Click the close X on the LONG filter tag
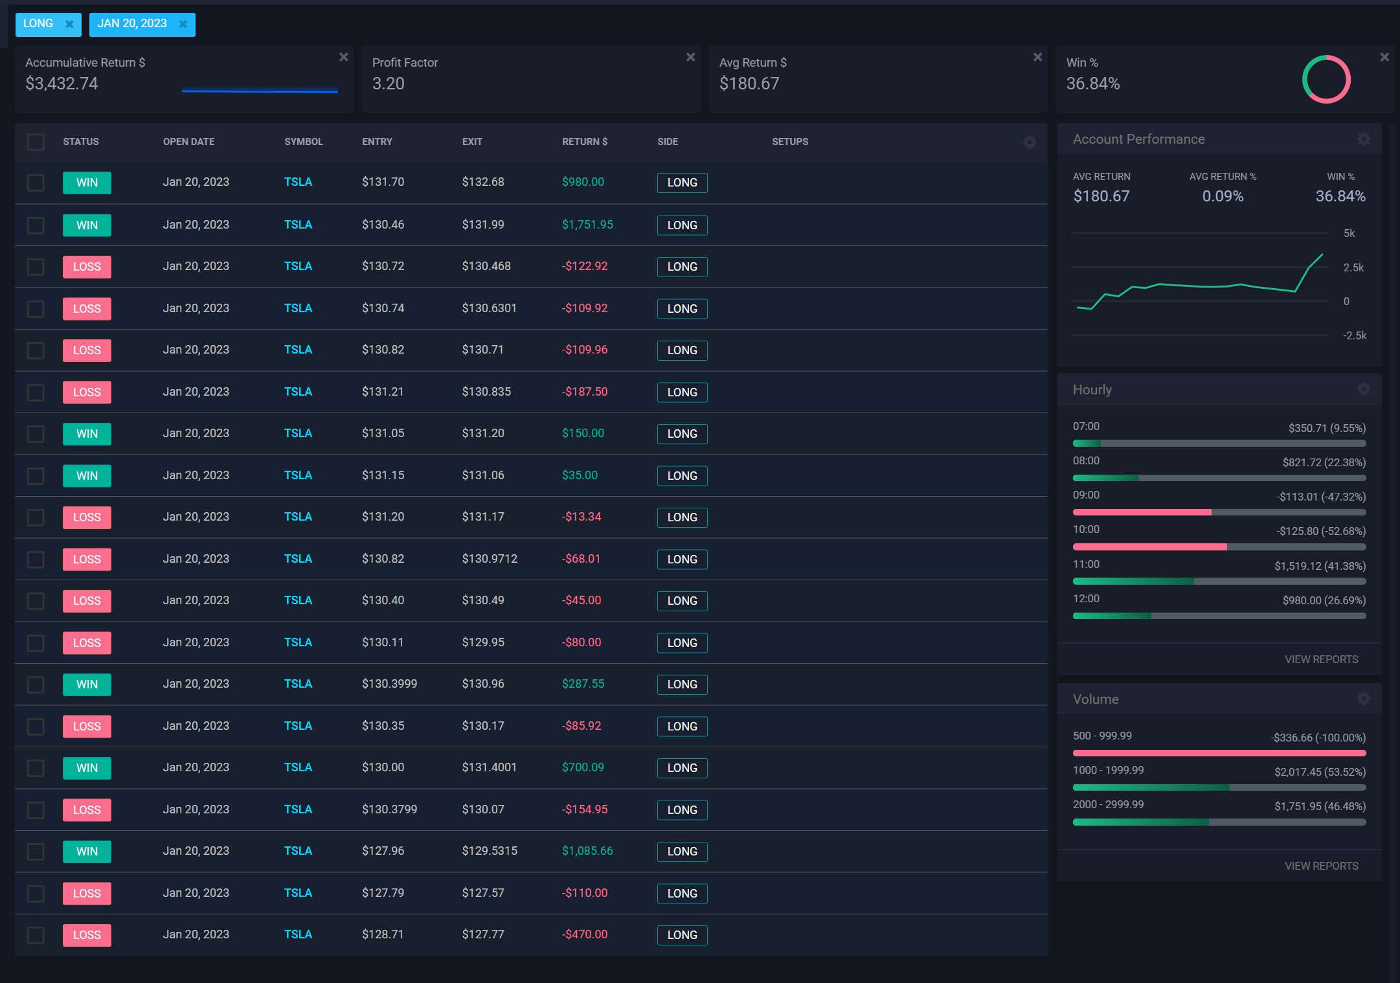tap(69, 24)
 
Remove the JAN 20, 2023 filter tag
tap(183, 24)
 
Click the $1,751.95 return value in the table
tap(587, 225)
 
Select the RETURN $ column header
tap(584, 142)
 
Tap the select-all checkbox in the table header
tap(36, 142)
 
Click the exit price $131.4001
tap(489, 767)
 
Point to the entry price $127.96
tap(383, 851)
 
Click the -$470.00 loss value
tap(584, 934)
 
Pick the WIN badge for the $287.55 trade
tap(87, 684)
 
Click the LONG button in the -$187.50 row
tap(682, 392)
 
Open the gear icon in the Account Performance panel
tap(1363, 139)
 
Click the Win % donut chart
tap(1326, 79)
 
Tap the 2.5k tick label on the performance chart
tap(1353, 267)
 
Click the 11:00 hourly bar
tap(1219, 582)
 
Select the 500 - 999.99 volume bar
tap(1219, 753)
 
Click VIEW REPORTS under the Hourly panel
tap(1321, 659)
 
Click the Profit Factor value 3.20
tap(388, 84)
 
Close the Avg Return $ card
tap(1037, 57)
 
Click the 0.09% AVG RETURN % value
tap(1222, 196)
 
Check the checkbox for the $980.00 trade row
tap(36, 183)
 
